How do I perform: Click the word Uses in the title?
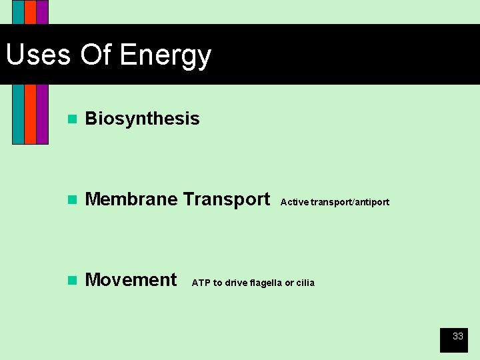click(38, 55)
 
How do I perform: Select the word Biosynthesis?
click(142, 119)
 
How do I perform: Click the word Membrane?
click(131, 199)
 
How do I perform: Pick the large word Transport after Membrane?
click(227, 199)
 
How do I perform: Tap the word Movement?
click(131, 280)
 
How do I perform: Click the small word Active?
click(294, 202)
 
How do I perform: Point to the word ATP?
click(201, 283)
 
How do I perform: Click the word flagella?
click(265, 283)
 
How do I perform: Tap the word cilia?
click(305, 283)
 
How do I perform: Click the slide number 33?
click(457, 337)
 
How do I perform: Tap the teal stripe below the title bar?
click(18, 113)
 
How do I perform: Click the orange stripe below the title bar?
click(30, 113)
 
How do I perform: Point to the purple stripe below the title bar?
click(42, 113)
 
